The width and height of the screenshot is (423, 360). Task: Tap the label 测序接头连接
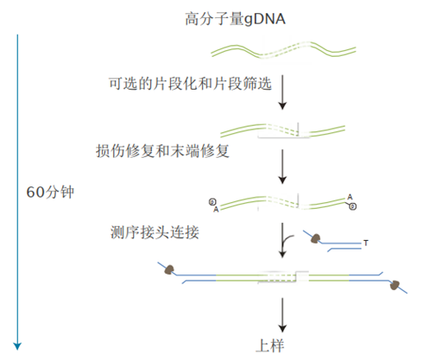click(x=149, y=231)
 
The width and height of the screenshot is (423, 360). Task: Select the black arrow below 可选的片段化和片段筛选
click(x=282, y=94)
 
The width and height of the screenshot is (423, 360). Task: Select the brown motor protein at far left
click(x=169, y=270)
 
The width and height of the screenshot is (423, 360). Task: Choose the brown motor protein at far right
click(x=396, y=285)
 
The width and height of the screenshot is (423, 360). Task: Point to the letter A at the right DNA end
click(x=350, y=197)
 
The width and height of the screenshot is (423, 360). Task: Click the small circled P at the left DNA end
click(x=211, y=202)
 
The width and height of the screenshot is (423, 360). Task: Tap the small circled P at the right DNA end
click(x=353, y=206)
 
